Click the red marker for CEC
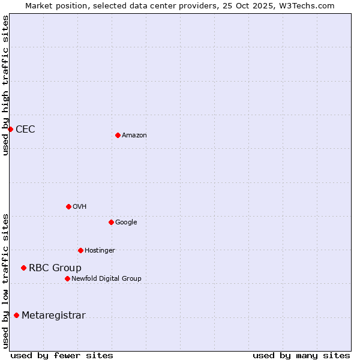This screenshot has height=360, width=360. click(x=10, y=129)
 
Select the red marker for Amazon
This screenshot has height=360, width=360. click(x=118, y=135)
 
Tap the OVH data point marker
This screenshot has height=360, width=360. click(x=68, y=206)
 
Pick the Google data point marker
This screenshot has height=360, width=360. click(x=111, y=222)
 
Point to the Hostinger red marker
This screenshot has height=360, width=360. click(x=80, y=250)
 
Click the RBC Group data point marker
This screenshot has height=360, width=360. click(x=23, y=268)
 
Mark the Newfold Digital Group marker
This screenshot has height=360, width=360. click(x=67, y=278)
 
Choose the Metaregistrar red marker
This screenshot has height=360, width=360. click(x=16, y=315)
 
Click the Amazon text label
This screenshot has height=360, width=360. click(x=134, y=136)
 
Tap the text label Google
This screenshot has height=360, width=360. click(x=126, y=223)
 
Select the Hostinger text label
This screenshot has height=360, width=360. click(x=100, y=251)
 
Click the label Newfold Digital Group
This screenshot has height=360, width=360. click(x=106, y=279)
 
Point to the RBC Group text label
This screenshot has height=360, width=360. click(x=55, y=268)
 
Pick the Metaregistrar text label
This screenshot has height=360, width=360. click(x=53, y=316)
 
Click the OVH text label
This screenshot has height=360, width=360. click(x=80, y=207)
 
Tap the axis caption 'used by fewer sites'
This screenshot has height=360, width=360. click(x=62, y=356)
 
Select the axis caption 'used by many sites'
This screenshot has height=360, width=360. click(x=301, y=356)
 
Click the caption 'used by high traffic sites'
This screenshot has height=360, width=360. click(x=5, y=85)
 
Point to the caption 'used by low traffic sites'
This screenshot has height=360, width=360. click(x=5, y=281)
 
